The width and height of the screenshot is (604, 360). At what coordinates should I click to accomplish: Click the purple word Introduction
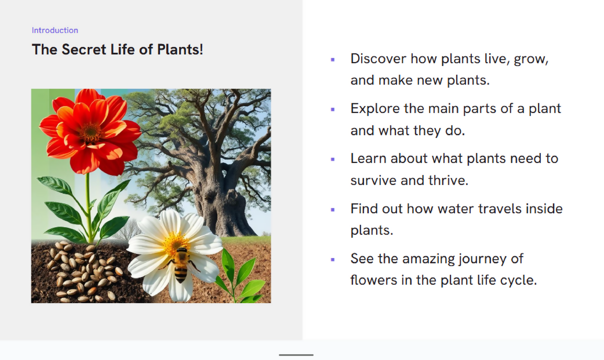tap(55, 30)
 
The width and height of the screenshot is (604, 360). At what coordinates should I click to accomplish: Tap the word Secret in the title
tap(84, 49)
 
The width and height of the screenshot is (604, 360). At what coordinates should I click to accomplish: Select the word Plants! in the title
tap(180, 49)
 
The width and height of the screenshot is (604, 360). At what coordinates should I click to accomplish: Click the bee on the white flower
tap(181, 265)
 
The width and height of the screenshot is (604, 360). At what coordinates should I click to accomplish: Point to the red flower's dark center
tap(91, 132)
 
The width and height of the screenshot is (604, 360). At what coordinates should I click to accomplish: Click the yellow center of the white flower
tap(175, 243)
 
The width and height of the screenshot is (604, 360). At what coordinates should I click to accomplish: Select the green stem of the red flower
tap(89, 208)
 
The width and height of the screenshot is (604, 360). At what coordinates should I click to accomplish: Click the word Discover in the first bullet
tap(378, 59)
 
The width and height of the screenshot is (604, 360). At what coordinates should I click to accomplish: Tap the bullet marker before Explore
tap(333, 110)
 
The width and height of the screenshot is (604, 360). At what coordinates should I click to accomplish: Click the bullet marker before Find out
tap(333, 209)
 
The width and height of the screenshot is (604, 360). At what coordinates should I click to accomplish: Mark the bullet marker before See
tap(333, 259)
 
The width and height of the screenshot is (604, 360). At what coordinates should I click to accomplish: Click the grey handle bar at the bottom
tap(296, 355)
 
